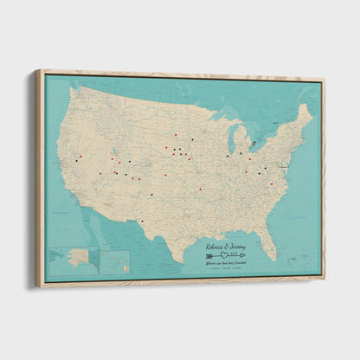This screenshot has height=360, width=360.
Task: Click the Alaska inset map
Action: pyautogui.click(x=71, y=259)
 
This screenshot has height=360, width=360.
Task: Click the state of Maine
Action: pyautogui.click(x=304, y=115)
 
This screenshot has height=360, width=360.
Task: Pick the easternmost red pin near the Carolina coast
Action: pyautogui.click(x=271, y=183)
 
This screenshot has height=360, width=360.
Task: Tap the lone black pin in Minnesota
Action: pyautogui.click(x=191, y=138)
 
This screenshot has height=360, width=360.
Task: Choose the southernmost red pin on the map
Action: pyautogui.click(x=200, y=190)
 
